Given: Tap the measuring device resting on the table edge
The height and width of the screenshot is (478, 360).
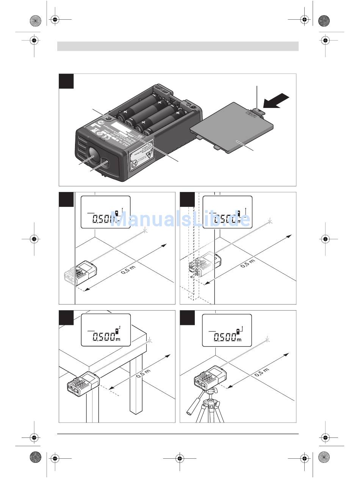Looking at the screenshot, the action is pyautogui.click(x=83, y=383).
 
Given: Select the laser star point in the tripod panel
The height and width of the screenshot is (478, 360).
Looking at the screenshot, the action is pyautogui.click(x=268, y=339).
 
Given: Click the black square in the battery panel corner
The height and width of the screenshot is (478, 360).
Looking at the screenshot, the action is pyautogui.click(x=66, y=81).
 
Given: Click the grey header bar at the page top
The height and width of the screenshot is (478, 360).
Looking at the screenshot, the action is pyautogui.click(x=178, y=46).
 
